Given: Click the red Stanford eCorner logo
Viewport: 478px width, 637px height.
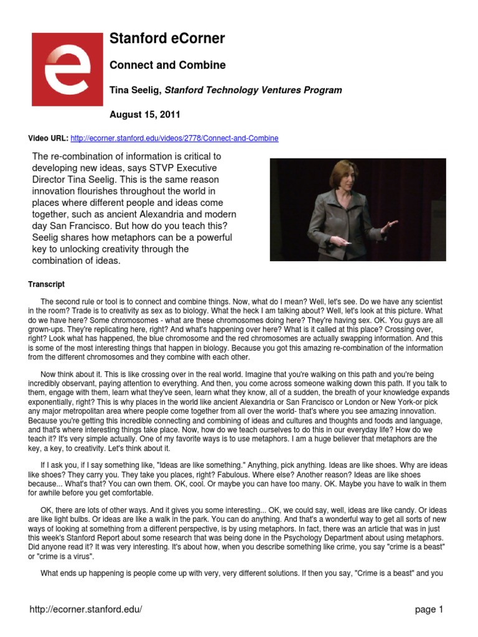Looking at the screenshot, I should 67,69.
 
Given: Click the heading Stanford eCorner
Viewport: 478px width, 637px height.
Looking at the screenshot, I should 167,39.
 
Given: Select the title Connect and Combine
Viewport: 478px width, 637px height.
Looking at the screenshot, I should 167,65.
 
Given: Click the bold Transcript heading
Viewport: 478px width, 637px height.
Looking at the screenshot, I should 46,284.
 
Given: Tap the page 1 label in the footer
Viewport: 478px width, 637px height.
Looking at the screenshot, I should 429,610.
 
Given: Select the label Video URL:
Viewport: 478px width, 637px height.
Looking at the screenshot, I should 48,138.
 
